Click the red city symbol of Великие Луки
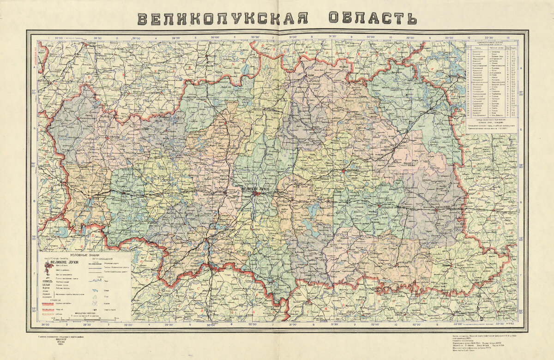(x=255, y=194)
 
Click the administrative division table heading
(x=491, y=43)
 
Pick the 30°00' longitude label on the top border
(x=215, y=38)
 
